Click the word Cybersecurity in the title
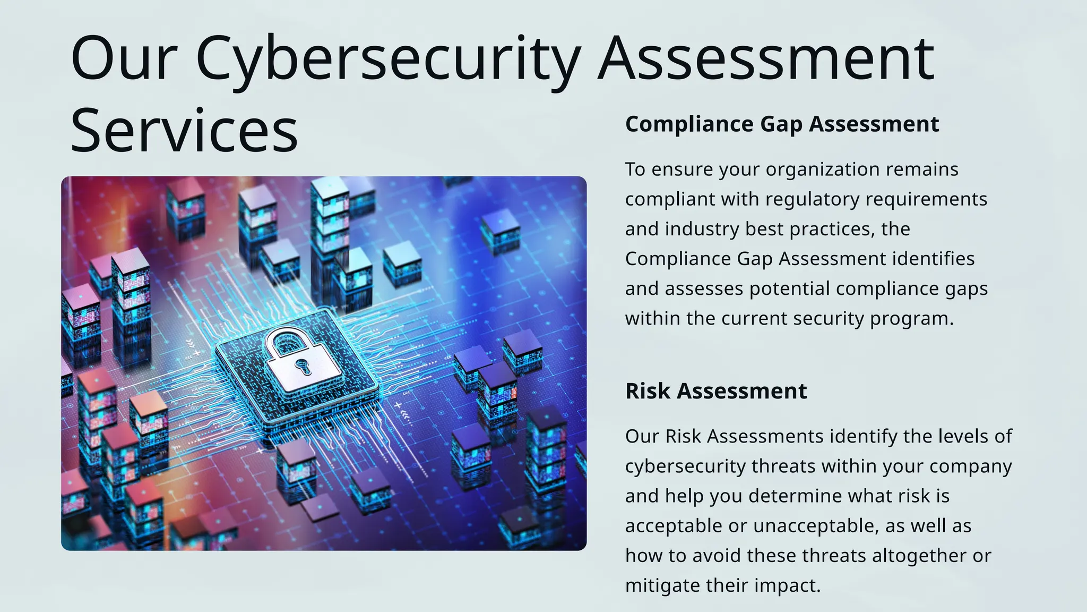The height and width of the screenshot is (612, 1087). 388,58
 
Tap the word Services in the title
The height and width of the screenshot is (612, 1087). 184,131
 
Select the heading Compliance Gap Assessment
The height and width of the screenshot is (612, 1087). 782,124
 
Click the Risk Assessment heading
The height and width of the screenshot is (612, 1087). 716,391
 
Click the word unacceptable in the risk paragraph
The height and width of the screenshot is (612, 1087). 812,526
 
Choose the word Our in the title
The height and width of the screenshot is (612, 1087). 124,58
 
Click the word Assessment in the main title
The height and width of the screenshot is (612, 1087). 766,58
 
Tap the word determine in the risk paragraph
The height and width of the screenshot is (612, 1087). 796,496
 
